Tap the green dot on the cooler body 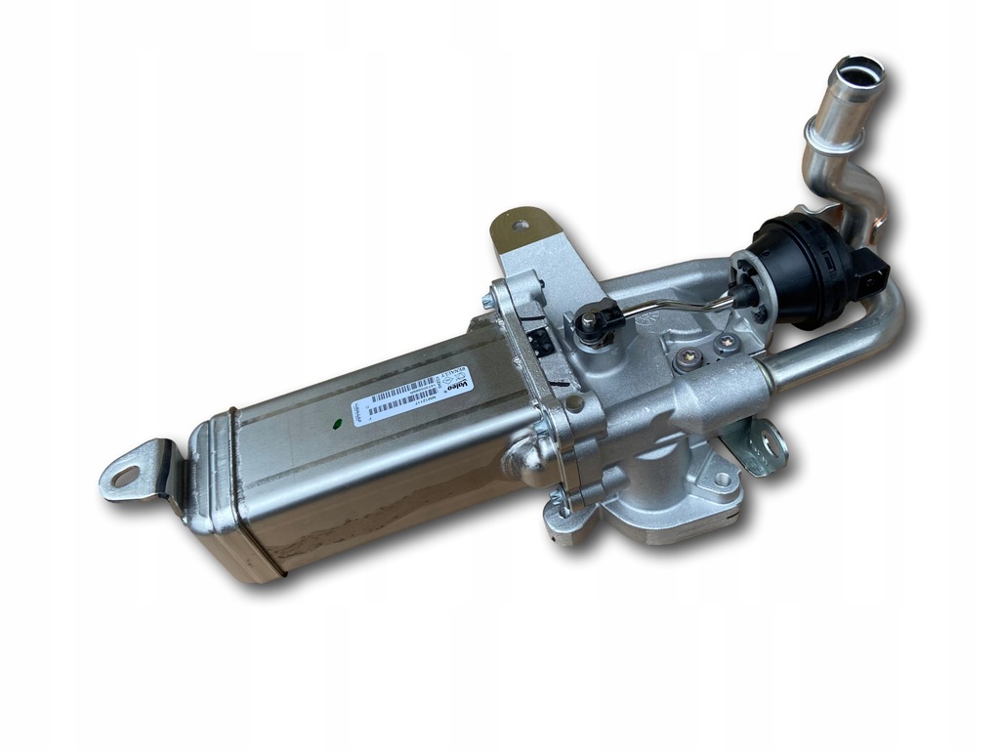pos(337,424)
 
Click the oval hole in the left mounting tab pos(125,477)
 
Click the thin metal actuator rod pos(684,306)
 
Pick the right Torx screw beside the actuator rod pos(728,344)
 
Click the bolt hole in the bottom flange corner pos(721,479)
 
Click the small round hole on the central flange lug pos(574,402)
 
